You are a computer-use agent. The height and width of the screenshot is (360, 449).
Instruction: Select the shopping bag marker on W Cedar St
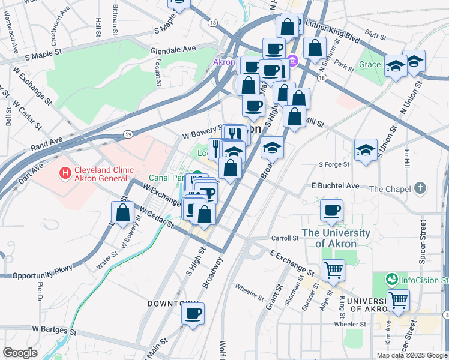pyautogui.click(x=123, y=213)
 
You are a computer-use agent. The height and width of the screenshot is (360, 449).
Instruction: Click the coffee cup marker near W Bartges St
pyautogui.click(x=193, y=314)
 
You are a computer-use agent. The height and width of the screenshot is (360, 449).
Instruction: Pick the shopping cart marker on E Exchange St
pyautogui.click(x=333, y=269)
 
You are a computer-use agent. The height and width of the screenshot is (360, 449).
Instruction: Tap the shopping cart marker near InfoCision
pyautogui.click(x=398, y=299)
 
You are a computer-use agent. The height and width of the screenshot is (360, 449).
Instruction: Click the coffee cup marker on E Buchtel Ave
pyautogui.click(x=331, y=211)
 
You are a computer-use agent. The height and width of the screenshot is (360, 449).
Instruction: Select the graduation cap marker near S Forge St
pyautogui.click(x=366, y=151)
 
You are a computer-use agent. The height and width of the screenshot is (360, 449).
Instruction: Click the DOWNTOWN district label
pyautogui.click(x=173, y=304)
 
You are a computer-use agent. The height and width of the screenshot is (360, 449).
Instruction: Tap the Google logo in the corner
pyautogui.click(x=20, y=353)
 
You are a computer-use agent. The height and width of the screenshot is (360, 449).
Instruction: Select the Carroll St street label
pyautogui.click(x=285, y=238)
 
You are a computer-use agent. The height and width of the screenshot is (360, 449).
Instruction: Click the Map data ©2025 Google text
pyautogui.click(x=412, y=355)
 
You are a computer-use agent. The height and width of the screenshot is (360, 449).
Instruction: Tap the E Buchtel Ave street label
pyautogui.click(x=337, y=186)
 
